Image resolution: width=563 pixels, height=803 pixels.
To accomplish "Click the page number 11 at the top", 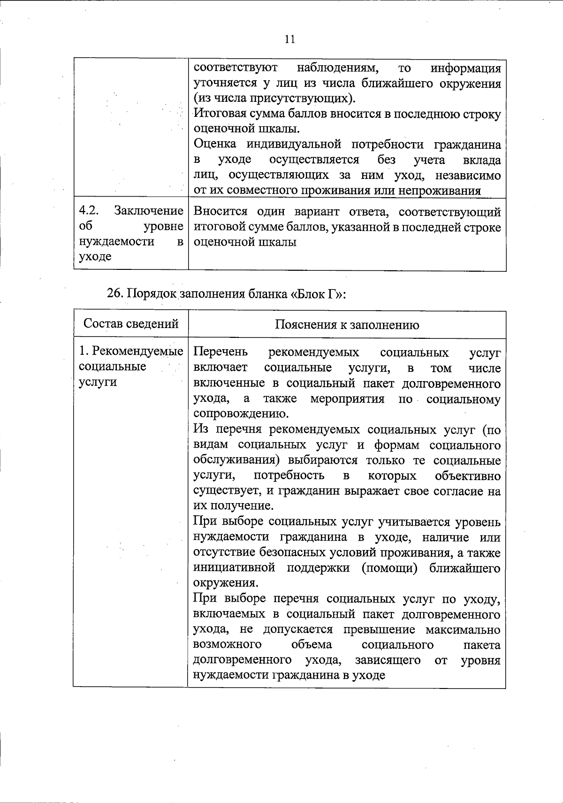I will tap(289, 39).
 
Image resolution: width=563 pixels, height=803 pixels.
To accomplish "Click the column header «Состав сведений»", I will tap(131, 323).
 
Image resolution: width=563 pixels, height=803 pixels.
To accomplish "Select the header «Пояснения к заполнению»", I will tap(347, 325).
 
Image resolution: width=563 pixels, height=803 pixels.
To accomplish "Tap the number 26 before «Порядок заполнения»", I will tap(114, 294).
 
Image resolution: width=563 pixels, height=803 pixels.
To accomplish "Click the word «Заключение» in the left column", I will tap(148, 211).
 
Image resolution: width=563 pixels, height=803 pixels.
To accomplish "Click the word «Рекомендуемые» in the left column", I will tap(137, 351).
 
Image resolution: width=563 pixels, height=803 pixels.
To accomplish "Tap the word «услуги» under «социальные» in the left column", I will tap(98, 382).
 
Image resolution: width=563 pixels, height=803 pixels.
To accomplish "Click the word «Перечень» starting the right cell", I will tap(221, 352).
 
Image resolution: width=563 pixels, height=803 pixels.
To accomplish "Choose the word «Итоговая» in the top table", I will tap(219, 114).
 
